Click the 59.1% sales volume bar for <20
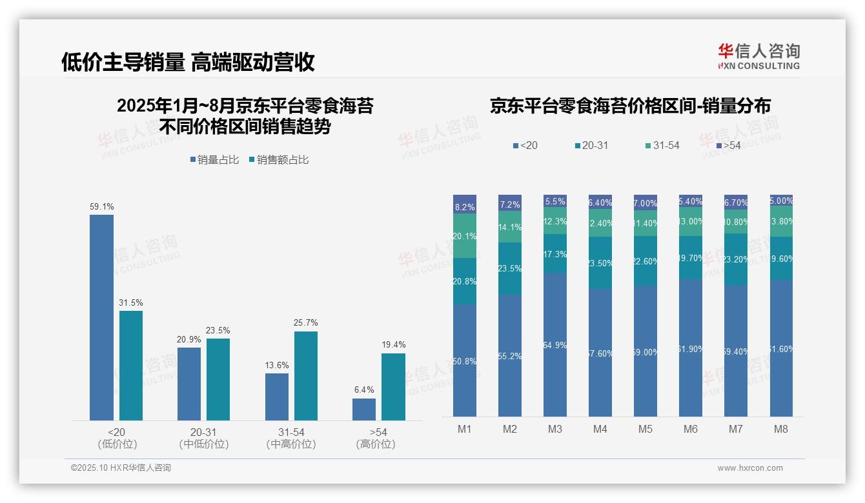coord(101,317)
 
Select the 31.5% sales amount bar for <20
coord(131,366)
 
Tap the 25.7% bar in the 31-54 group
coord(306,375)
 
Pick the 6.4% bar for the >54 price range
coord(364,409)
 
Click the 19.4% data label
coord(393,345)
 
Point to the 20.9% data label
coord(188,339)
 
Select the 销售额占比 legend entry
coord(278,160)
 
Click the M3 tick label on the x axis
coord(555,429)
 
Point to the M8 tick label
coord(781,429)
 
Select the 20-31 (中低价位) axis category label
coord(203,438)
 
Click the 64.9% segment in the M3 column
coord(555,345)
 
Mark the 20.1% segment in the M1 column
coord(465,236)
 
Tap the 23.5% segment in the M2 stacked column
coord(510,269)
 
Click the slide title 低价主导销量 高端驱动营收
coord(188,62)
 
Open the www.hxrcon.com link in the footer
coord(749,468)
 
